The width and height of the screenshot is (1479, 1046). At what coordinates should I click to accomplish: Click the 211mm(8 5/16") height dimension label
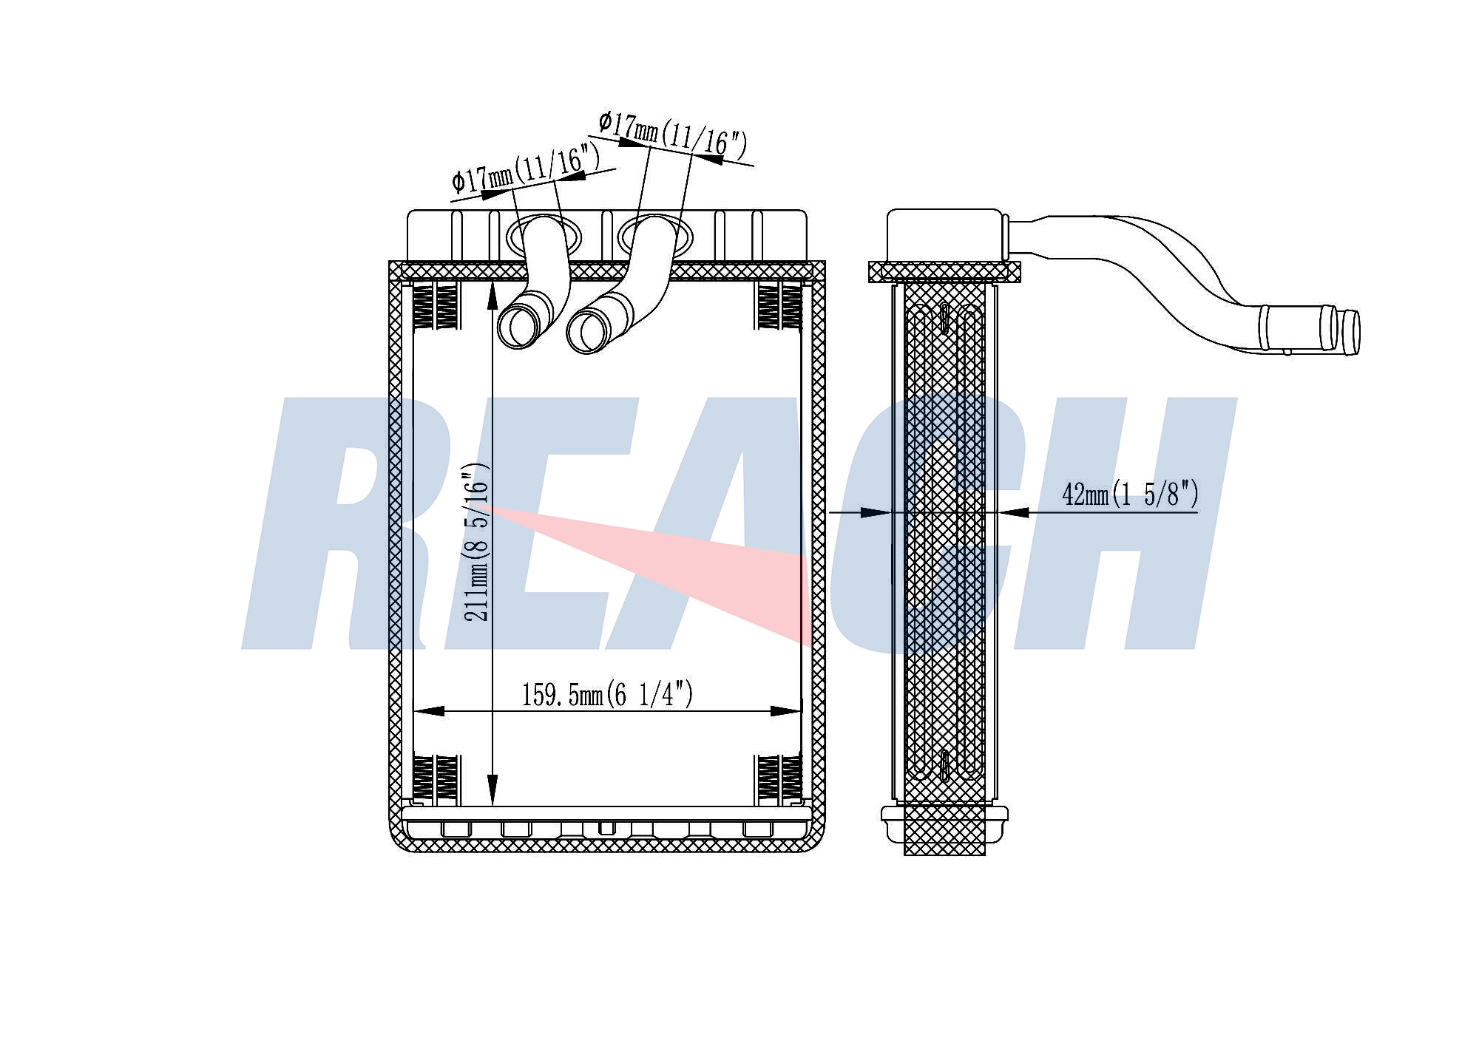[477, 541]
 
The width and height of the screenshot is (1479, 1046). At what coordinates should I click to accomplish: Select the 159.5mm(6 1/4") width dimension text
[607, 695]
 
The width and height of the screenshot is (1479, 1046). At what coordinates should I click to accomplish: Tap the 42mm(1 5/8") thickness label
[1130, 494]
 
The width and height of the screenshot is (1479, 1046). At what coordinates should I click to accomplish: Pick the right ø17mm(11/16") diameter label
[673, 134]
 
